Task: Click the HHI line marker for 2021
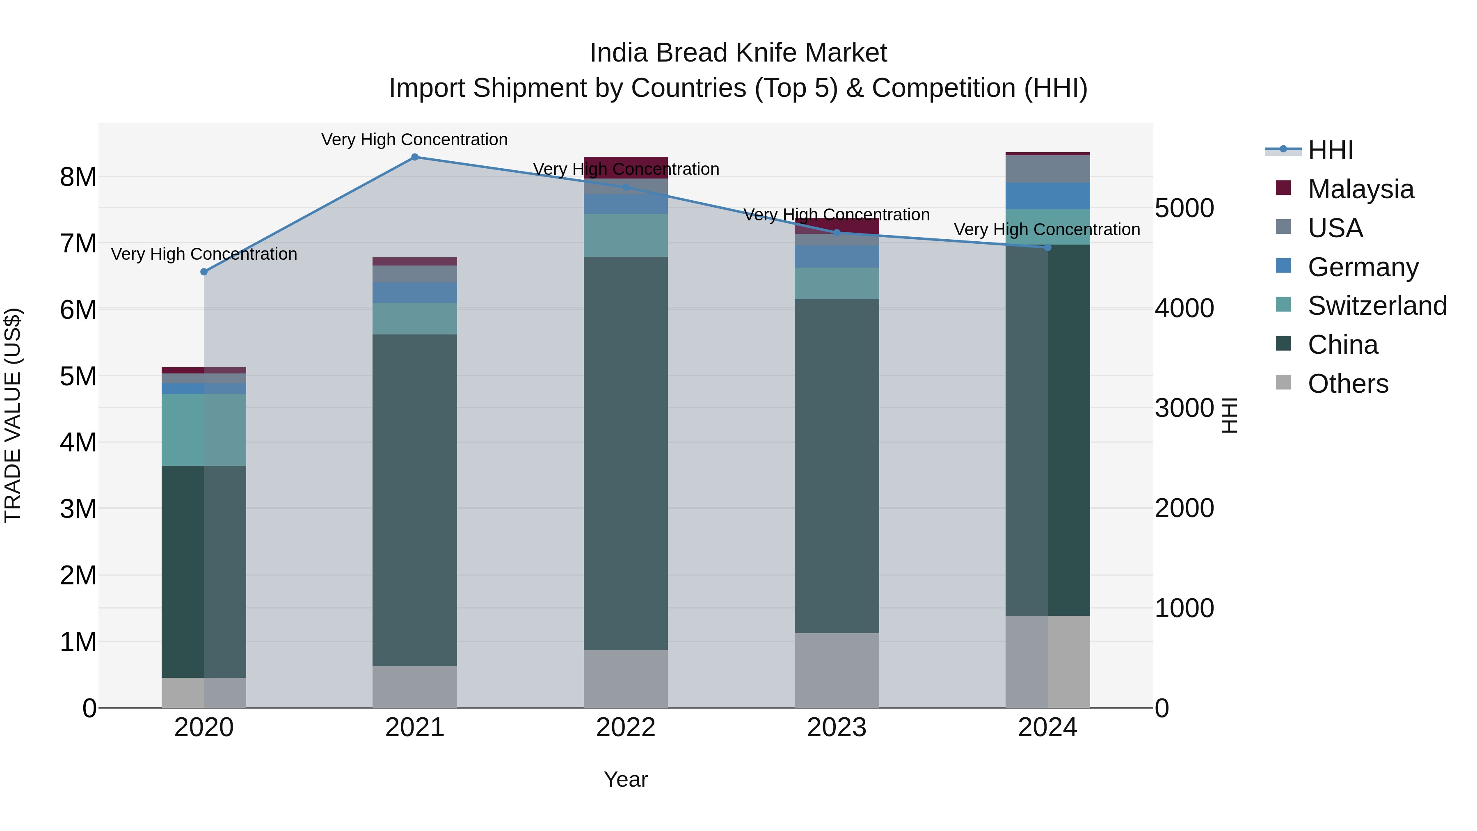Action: tap(414, 157)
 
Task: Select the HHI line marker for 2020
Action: tap(203, 272)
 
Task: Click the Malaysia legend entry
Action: tap(1360, 189)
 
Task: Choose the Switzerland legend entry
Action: tap(1376, 306)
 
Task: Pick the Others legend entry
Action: tap(1347, 384)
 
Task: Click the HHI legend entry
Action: tap(1330, 150)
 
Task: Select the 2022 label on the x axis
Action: tap(626, 728)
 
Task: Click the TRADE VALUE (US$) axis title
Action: tap(13, 415)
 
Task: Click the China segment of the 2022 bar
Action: tap(626, 453)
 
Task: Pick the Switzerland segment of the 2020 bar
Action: tap(203, 430)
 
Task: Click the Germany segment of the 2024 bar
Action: tap(1047, 196)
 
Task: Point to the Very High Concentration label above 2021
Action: tap(414, 140)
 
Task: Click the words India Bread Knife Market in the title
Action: tap(738, 53)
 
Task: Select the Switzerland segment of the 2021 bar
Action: tap(414, 318)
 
